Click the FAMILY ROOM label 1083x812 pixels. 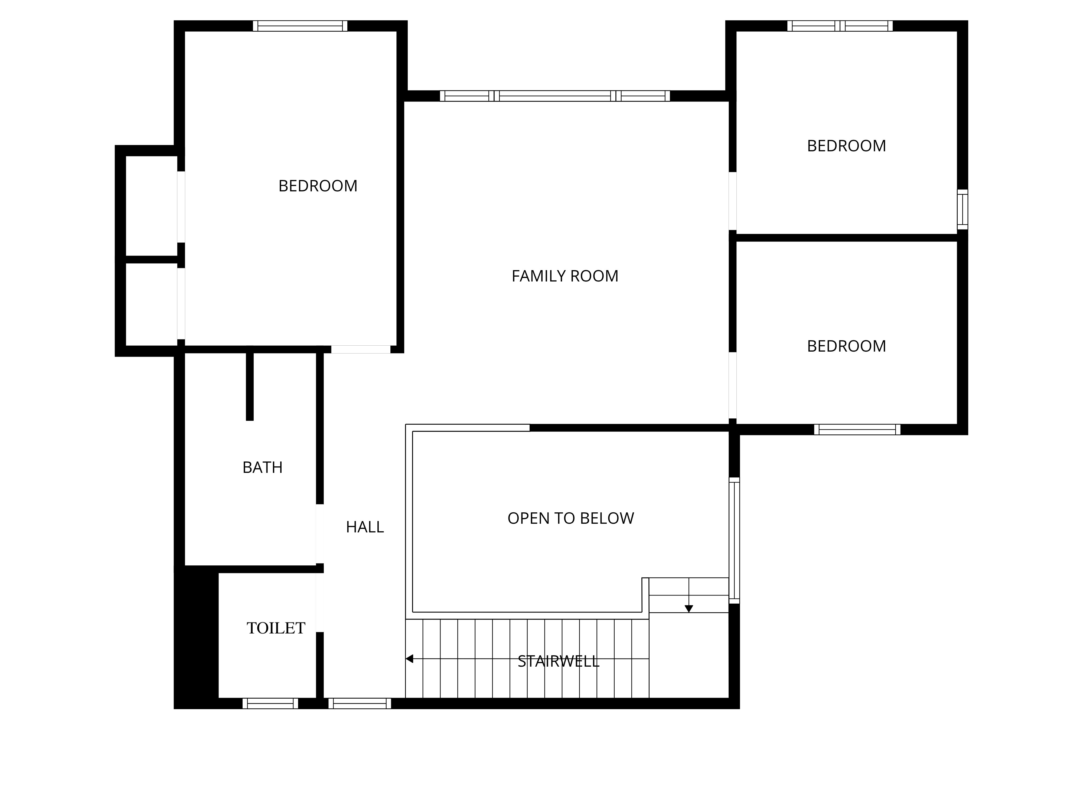(x=565, y=276)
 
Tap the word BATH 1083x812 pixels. (x=262, y=467)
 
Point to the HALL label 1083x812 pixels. (x=365, y=527)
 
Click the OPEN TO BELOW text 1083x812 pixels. (x=571, y=518)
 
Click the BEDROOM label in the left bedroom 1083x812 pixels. (x=318, y=186)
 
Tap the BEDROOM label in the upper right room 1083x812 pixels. (x=847, y=146)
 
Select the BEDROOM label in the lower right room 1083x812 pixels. (x=847, y=346)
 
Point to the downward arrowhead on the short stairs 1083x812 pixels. (x=689, y=609)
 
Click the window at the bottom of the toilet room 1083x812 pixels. (x=270, y=703)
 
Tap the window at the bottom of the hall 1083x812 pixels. (x=360, y=703)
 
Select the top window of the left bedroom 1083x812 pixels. (x=300, y=26)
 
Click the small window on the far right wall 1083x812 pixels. (x=963, y=209)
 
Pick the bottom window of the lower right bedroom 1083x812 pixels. (x=857, y=429)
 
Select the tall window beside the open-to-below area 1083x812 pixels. (x=734, y=540)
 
